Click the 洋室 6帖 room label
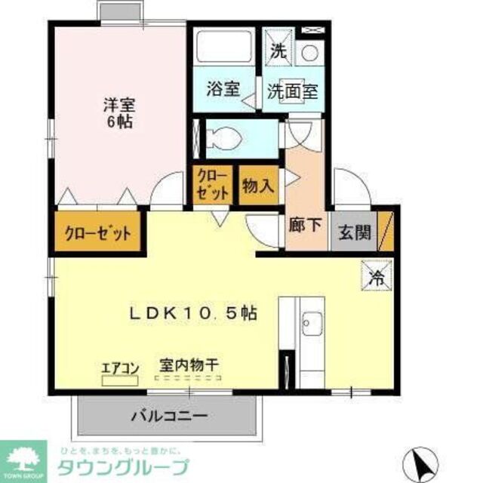(x=115, y=111)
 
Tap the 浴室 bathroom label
(x=224, y=88)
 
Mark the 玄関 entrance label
(x=353, y=233)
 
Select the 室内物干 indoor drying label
(x=189, y=365)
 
